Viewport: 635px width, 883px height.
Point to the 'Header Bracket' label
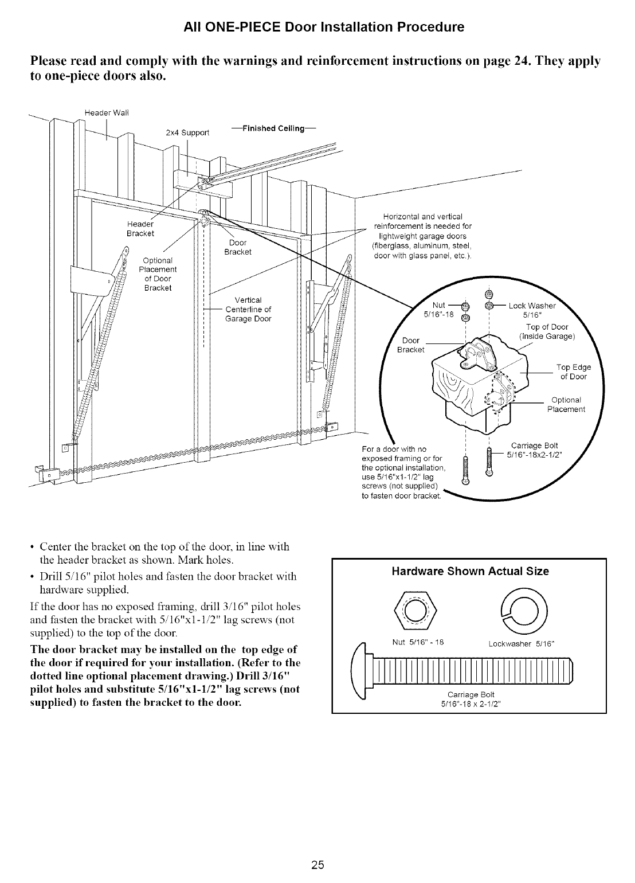[x=140, y=228]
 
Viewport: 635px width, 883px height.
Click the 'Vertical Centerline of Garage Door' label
[x=248, y=310]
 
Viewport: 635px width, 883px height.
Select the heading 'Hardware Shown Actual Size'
[x=470, y=571]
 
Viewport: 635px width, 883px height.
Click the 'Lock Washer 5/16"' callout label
[x=532, y=310]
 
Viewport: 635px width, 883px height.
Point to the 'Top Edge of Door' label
[x=573, y=372]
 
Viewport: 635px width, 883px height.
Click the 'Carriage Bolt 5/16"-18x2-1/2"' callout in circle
[x=534, y=451]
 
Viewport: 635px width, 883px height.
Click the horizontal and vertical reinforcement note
[x=422, y=236]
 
